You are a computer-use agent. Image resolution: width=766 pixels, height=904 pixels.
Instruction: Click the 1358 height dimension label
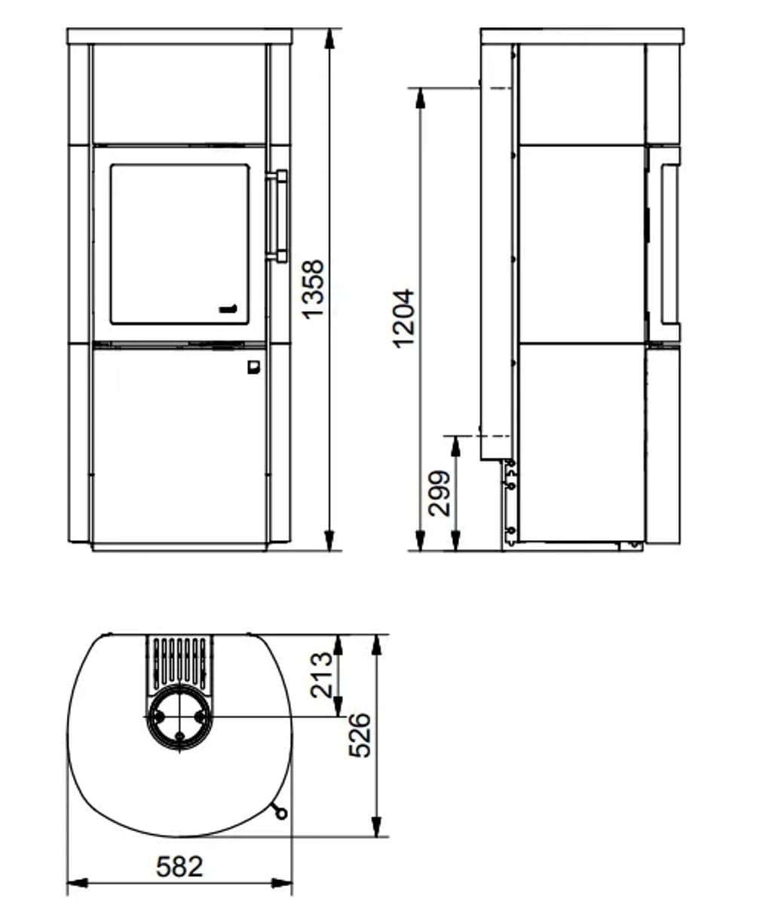click(314, 289)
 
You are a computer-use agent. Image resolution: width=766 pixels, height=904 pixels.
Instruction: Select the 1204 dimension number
click(403, 319)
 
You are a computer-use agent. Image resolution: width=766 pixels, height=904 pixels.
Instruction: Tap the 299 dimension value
click(439, 493)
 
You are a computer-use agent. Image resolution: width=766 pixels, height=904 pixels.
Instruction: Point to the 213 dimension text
click(321, 675)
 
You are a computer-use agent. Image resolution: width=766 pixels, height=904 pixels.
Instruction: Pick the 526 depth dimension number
click(360, 735)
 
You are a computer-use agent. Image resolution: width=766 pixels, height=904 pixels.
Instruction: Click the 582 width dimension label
click(180, 866)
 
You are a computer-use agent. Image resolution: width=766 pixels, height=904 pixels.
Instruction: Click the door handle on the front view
click(277, 216)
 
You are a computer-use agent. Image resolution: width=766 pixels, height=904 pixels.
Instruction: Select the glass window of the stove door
click(180, 245)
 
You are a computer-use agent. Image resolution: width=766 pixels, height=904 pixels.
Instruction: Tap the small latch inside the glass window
click(228, 309)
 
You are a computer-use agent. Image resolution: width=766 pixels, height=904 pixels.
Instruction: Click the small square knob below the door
click(254, 367)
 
